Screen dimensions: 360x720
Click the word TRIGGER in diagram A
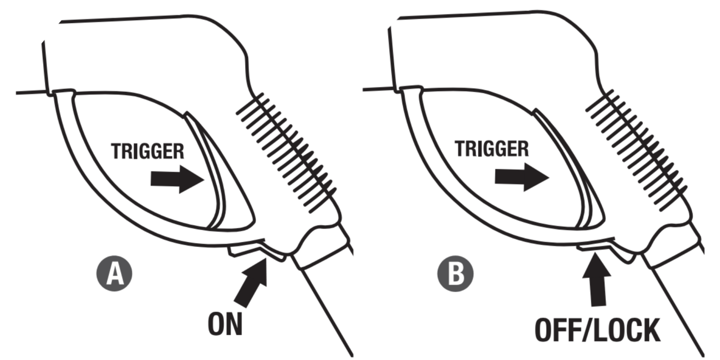[x=147, y=151]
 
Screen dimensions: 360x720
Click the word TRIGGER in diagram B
[x=492, y=149]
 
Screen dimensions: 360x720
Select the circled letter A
[x=114, y=274]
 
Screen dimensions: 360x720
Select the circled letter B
[x=455, y=274]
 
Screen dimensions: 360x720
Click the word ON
[x=225, y=324]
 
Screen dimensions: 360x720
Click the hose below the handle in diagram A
[x=328, y=309]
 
